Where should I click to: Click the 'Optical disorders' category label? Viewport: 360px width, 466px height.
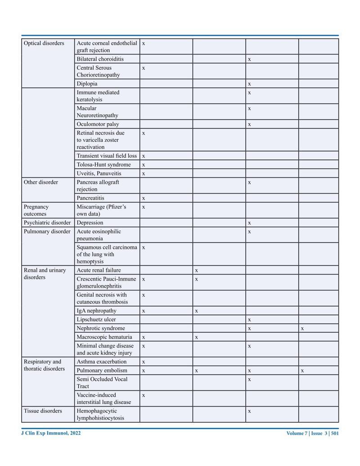click(x=44, y=43)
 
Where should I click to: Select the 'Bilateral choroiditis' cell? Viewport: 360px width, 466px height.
click(x=100, y=59)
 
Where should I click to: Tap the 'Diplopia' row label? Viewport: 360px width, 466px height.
click(x=87, y=84)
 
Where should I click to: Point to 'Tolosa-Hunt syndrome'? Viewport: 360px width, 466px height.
click(x=103, y=165)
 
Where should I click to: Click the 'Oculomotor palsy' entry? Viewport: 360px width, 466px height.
click(x=98, y=124)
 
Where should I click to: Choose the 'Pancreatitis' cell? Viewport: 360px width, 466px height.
click(x=90, y=198)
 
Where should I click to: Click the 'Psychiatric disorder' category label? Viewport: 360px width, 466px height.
click(x=47, y=222)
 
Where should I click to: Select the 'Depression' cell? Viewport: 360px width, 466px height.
click(x=90, y=222)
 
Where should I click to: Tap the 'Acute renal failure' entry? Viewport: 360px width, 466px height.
click(x=99, y=270)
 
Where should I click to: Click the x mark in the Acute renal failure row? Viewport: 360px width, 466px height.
click(x=197, y=271)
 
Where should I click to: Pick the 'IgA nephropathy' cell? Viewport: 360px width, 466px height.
click(x=96, y=311)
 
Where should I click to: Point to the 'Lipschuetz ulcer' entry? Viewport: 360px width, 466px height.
click(x=96, y=320)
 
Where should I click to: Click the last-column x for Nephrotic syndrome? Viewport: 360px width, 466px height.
click(x=302, y=329)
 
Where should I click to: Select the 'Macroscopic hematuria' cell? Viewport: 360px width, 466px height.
click(x=104, y=337)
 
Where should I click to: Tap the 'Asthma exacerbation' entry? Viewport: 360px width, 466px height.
click(x=102, y=362)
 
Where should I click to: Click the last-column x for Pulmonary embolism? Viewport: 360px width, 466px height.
click(x=302, y=371)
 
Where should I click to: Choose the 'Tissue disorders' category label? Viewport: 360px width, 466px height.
click(x=43, y=411)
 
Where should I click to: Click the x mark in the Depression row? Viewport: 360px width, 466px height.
click(x=249, y=223)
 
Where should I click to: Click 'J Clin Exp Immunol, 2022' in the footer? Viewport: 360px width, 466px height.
click(x=51, y=433)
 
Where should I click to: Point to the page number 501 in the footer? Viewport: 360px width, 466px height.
click(x=334, y=434)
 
